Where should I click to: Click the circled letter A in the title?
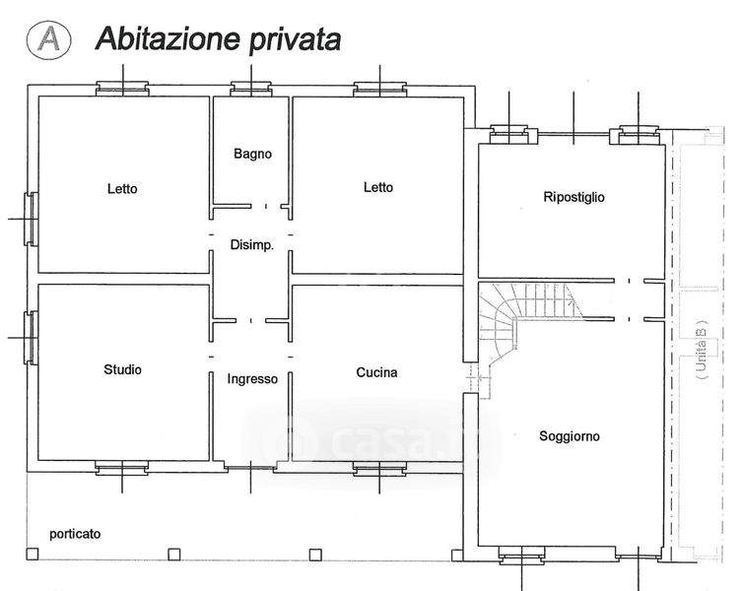coord(49,39)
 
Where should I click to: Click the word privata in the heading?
coord(295,39)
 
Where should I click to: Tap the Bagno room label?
coord(252,154)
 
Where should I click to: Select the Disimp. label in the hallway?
coord(251,245)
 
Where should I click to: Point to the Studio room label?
coord(123,369)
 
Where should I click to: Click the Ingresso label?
coord(252,379)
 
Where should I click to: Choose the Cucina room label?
coord(376,372)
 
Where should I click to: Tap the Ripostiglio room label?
coord(574,197)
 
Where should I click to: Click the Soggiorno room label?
coord(570,436)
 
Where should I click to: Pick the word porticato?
coord(75,534)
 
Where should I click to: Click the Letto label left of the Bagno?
coord(122,188)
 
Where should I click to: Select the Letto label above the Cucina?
coord(378,187)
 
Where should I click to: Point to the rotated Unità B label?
coord(702,350)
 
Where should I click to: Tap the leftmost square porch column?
coord(33,554)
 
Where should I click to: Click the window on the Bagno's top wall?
coord(250,89)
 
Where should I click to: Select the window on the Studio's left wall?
coord(32,338)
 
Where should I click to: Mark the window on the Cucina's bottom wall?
coord(379,469)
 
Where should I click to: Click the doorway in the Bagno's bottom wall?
coord(266,207)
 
